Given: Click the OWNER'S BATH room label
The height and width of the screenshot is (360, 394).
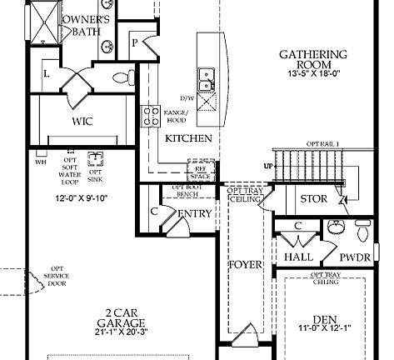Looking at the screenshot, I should click(83, 26).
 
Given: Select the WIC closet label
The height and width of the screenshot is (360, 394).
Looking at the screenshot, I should click(82, 121).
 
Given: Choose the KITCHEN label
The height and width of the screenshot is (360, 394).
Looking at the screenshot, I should click(188, 138).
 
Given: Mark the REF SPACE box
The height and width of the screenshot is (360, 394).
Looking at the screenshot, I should click(200, 171).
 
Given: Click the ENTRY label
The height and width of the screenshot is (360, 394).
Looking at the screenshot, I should click(195, 214).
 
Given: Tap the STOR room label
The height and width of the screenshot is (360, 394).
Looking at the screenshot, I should click(313, 199).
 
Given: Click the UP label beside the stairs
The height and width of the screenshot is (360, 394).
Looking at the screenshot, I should click(268, 166).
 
